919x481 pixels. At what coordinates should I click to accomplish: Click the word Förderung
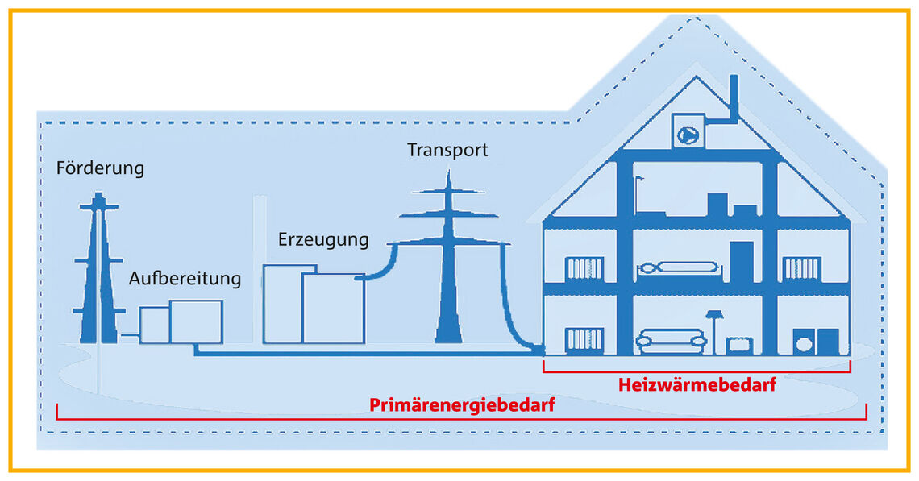coord(100,169)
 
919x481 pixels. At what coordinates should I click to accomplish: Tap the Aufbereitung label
coord(185,280)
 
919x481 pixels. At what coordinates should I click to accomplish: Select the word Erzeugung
coord(323,239)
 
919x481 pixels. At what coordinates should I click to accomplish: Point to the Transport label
coord(447,150)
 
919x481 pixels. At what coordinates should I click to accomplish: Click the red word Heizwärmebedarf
coord(697,385)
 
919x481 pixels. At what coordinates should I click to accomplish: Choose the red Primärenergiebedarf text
coord(461,405)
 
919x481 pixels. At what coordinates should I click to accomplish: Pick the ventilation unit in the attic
coord(688,131)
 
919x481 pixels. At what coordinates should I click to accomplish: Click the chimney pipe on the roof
coord(734,97)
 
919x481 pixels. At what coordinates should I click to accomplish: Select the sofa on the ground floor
coord(671,342)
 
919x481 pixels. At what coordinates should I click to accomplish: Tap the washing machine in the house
coord(805,342)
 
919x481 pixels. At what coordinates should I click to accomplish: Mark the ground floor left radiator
coord(584,339)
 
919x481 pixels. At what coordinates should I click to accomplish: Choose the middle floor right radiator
coord(801,268)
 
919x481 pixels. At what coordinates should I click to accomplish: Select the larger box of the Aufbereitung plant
coord(196,322)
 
